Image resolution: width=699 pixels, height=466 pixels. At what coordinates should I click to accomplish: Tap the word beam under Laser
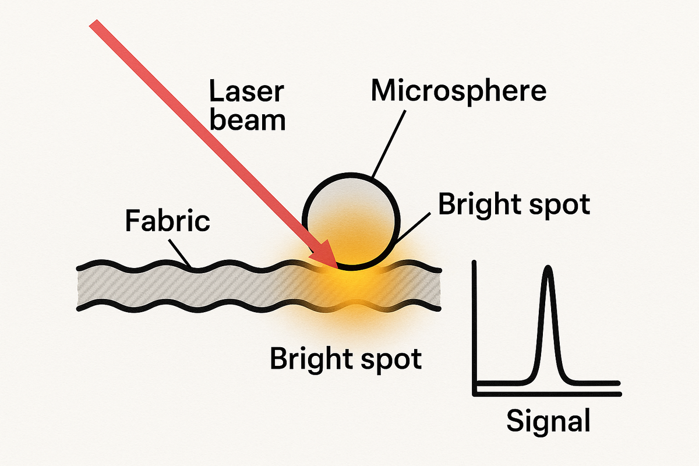click(248, 121)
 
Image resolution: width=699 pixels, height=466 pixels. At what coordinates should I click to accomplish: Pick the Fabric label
click(167, 221)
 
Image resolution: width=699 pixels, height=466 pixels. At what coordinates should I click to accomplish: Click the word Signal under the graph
click(548, 421)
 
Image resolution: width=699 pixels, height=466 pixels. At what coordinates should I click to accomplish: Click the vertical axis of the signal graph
click(476, 326)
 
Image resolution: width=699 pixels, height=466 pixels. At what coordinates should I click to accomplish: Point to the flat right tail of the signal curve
click(594, 383)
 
